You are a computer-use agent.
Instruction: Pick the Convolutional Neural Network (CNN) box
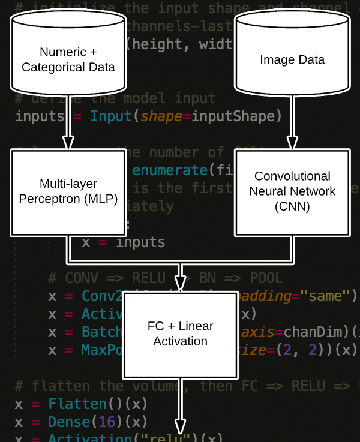[x=292, y=192]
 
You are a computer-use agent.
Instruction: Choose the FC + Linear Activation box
[x=180, y=333]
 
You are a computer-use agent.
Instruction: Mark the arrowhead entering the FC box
[x=180, y=284]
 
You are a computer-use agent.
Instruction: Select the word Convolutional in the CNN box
[x=292, y=176]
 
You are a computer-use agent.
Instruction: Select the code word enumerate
[x=170, y=170]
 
